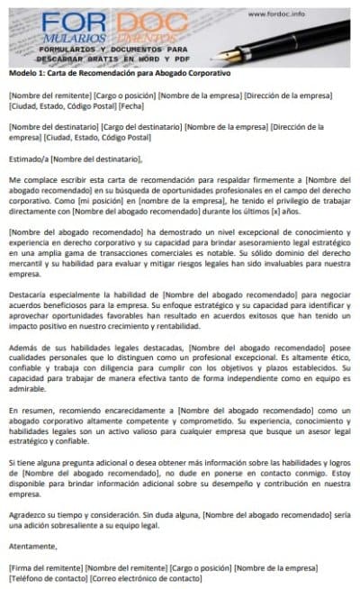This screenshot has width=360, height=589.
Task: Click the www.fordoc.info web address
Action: (x=297, y=14)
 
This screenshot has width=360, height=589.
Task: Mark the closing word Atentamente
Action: (x=31, y=545)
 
